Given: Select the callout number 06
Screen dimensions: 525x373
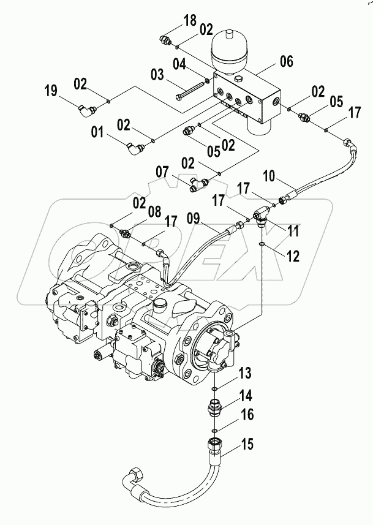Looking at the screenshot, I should [x=285, y=61].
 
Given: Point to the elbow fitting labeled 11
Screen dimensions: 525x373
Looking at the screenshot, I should [x=262, y=216].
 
